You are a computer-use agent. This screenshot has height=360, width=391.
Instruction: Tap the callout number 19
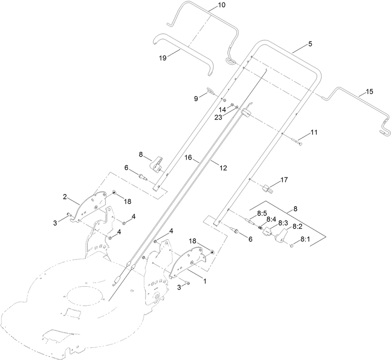click(163, 57)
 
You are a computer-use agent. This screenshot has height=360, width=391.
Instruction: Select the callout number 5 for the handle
click(309, 43)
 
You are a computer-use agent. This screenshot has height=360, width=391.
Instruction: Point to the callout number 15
click(369, 92)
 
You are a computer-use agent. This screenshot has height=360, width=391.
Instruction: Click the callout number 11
click(314, 132)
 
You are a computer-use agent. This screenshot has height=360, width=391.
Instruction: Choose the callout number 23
click(219, 117)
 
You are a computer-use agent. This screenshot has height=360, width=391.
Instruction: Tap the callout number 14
click(222, 109)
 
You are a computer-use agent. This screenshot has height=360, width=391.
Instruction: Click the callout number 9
click(196, 98)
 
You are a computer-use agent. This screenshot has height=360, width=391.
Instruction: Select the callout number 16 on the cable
click(189, 158)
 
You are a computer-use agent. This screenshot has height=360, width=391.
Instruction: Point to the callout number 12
click(223, 168)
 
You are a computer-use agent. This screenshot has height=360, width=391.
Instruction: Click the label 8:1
click(305, 239)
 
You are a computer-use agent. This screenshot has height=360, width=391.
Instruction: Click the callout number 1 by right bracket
click(204, 281)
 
